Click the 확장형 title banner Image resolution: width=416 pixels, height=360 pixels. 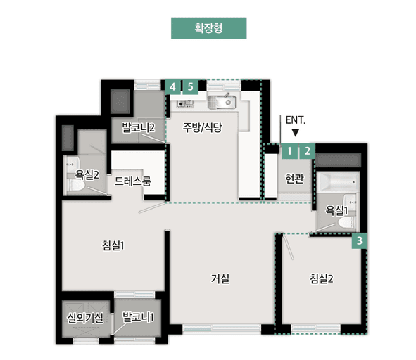tap(208, 28)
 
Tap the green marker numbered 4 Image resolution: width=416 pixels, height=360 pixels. tap(172, 86)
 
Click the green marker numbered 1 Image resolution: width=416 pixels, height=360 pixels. tap(289, 150)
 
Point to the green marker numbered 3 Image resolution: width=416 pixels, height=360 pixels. tap(360, 240)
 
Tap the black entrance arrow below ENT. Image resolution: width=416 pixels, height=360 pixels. tap(295, 132)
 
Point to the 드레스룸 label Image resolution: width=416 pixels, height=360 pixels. tap(132, 181)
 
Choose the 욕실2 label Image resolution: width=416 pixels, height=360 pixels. tap(87, 174)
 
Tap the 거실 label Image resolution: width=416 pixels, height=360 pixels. tap(220, 278)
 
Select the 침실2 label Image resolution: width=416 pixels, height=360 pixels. tap(321, 278)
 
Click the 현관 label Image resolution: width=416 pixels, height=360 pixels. tap(295, 179)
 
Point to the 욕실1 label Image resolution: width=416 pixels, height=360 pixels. tap(336, 210)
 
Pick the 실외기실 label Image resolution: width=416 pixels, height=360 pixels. tap(84, 317)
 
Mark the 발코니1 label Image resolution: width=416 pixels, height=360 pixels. tap(138, 317)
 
